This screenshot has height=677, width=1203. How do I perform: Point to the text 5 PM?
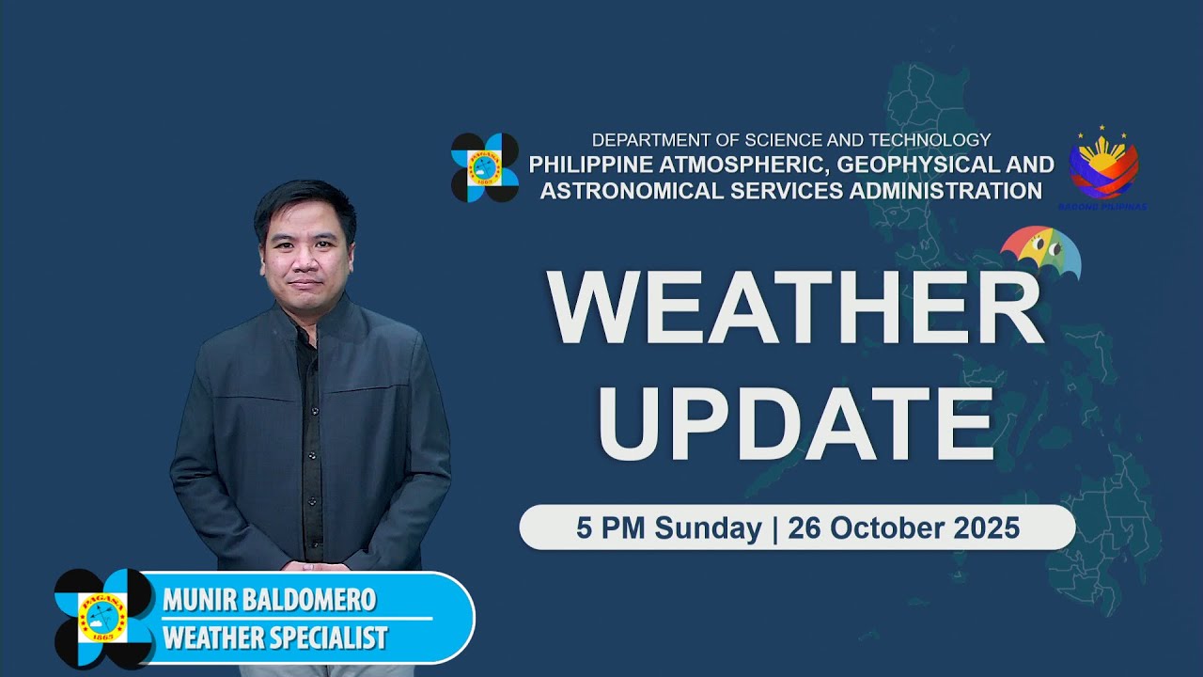(x=612, y=528)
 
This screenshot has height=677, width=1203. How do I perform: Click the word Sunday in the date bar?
(x=708, y=528)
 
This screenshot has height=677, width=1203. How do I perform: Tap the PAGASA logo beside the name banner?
(x=102, y=618)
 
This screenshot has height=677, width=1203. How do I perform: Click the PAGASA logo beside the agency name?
(x=485, y=167)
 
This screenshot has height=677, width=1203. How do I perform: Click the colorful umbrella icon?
(x=1041, y=252)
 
